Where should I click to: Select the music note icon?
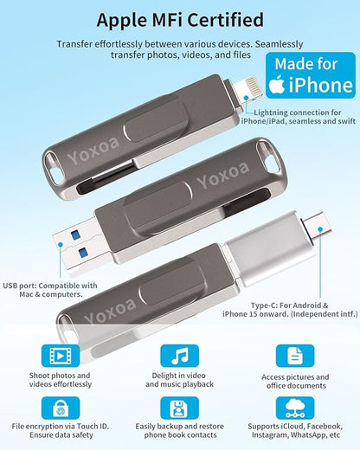click(x=179, y=356)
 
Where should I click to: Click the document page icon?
click(x=294, y=356)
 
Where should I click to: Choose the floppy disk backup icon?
click(x=179, y=410)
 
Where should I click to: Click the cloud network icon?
click(x=294, y=410)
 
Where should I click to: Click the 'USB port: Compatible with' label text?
click(x=50, y=286)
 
